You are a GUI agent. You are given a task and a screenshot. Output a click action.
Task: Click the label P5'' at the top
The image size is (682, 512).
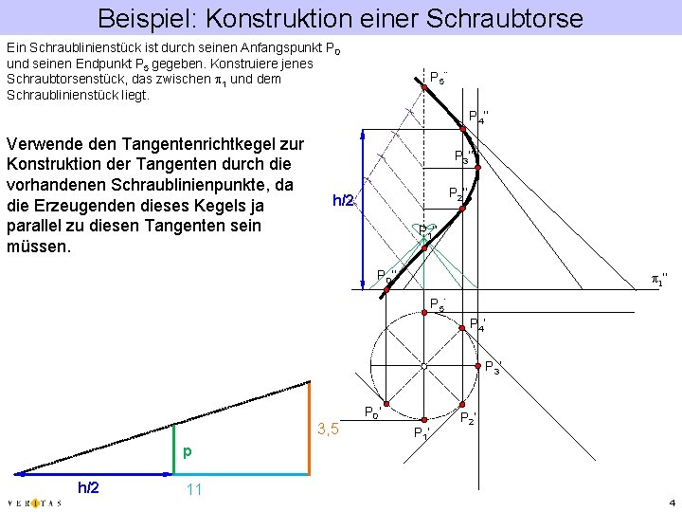coord(438,77)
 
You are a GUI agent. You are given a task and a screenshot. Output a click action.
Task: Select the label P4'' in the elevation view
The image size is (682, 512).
coord(478,116)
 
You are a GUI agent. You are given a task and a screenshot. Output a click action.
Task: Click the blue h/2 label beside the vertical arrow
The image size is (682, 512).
coord(343,200)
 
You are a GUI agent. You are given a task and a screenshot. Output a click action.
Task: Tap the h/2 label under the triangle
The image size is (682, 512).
coord(88,487)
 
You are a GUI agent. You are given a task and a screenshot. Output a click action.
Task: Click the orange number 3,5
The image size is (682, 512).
coord(329,430)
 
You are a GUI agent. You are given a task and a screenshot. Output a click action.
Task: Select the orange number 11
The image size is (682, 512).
coord(195,489)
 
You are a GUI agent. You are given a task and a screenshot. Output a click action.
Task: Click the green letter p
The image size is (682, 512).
coord(188,452)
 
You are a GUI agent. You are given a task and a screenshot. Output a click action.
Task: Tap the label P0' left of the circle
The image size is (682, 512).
coord(373,411)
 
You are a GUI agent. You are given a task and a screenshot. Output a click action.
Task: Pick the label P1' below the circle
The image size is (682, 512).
coord(422,432)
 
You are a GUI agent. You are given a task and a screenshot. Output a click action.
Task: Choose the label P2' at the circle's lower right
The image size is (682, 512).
coord(467,417)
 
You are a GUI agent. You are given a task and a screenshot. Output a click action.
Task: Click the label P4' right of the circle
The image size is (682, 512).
coord(479,324)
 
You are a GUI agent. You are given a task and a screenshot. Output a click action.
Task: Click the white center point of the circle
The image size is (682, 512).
coord(424,364)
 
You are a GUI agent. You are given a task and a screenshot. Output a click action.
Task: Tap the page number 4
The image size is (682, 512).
coord(671,502)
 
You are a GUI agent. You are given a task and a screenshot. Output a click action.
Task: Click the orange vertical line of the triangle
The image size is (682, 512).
coord(309,428)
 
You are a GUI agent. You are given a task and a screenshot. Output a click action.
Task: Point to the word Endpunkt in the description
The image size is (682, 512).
coord(103,63)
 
